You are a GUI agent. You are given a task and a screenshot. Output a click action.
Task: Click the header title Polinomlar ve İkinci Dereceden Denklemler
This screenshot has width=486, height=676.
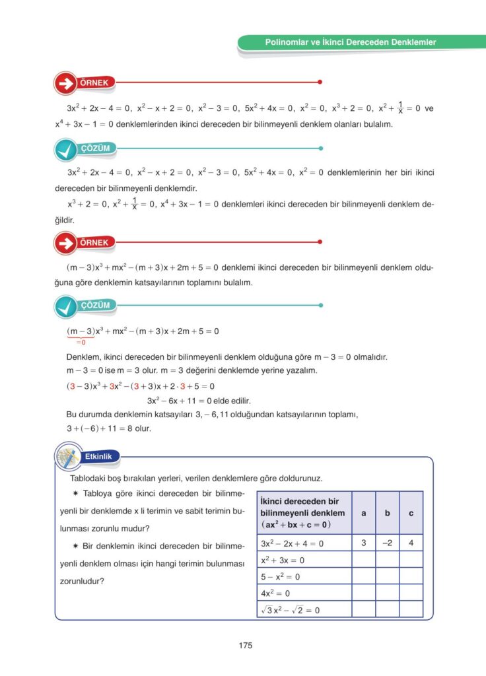coord(351,42)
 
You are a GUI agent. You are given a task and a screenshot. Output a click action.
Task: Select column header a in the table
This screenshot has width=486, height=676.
coord(364,512)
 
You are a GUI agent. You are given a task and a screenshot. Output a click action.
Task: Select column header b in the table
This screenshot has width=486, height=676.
coord(388,512)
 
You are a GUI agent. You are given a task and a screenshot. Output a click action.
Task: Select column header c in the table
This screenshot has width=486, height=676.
coord(411,512)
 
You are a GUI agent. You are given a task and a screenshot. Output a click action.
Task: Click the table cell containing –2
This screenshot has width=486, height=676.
coord(388,543)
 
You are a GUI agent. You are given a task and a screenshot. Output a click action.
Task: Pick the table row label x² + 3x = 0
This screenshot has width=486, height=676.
coord(283,560)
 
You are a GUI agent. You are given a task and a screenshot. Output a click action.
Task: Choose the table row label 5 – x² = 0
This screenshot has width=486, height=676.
coord(281,576)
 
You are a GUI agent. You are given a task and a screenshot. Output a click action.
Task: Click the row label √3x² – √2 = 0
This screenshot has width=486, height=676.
coord(291,610)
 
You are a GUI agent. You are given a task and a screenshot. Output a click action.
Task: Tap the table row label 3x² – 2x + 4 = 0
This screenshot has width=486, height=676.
coord(293,543)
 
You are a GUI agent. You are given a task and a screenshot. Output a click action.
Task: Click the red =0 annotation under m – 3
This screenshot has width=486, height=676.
coord(81,342)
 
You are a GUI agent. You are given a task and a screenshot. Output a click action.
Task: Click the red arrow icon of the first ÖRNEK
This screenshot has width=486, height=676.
coord(65,83)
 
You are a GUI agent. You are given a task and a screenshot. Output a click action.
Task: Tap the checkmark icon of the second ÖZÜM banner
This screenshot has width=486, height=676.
coord(66,306)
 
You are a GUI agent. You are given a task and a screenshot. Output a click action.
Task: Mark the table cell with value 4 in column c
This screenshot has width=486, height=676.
coord(411,543)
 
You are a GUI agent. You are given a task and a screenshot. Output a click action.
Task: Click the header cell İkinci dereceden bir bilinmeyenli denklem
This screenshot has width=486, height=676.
coord(303,513)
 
